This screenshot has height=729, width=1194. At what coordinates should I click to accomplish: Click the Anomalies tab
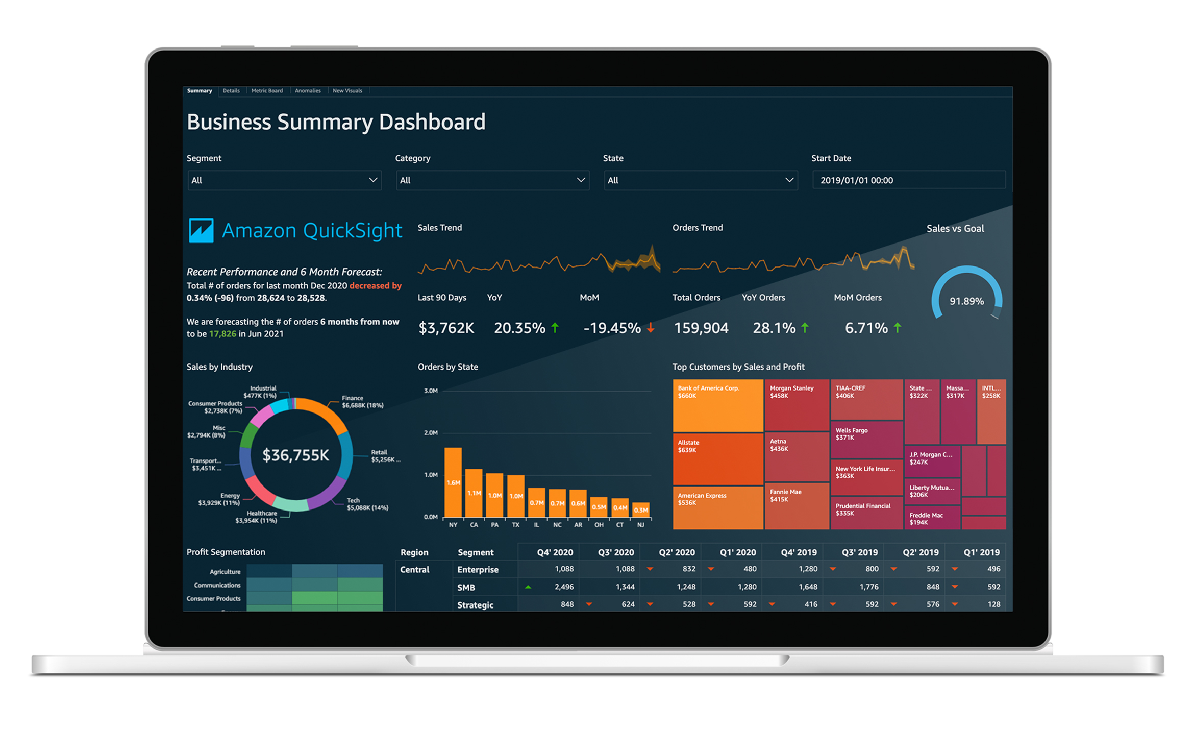point(308,91)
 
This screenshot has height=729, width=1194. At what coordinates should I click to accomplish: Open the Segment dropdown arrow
point(373,180)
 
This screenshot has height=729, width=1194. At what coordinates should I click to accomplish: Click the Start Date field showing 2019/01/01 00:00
point(908,180)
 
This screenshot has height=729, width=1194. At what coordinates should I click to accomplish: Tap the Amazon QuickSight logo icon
point(201,231)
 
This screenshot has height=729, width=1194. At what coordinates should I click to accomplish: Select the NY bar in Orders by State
point(453,482)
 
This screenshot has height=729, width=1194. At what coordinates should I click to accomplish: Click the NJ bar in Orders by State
point(641,509)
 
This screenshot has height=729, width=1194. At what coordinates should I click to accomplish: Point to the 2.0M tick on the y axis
point(431,433)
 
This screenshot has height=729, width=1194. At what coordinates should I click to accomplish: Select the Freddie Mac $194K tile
point(931,518)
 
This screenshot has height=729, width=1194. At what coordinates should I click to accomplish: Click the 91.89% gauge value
point(966,301)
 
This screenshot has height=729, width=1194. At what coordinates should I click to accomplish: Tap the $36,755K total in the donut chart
point(295,455)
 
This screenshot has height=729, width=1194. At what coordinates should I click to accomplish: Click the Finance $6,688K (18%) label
point(362,402)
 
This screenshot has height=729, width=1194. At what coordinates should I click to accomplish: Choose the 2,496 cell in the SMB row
point(563,587)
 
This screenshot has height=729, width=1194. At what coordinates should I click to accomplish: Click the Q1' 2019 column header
point(981,552)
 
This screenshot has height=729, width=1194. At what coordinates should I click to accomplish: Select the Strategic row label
point(475,605)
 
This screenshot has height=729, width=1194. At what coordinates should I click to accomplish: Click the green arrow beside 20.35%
point(555,328)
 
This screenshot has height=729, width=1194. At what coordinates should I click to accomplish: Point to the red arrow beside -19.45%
point(651,328)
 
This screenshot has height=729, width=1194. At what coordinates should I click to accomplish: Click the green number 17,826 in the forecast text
point(222,334)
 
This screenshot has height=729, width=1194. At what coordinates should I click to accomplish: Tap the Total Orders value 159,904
point(701,328)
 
